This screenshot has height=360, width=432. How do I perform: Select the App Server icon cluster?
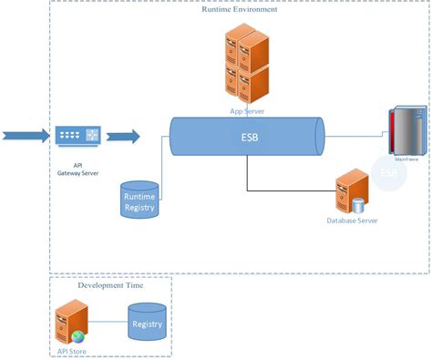click(x=246, y=66)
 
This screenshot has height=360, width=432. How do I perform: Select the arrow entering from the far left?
click(x=23, y=137)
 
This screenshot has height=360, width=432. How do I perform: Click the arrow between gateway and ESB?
click(x=122, y=137)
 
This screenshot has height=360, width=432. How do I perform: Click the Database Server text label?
click(x=352, y=221)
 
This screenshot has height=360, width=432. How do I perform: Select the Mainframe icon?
click(x=407, y=133)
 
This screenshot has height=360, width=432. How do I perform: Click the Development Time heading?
click(x=110, y=285)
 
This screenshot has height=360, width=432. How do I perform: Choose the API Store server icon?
click(x=71, y=322)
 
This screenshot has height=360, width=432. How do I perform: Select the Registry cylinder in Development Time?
click(x=148, y=324)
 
